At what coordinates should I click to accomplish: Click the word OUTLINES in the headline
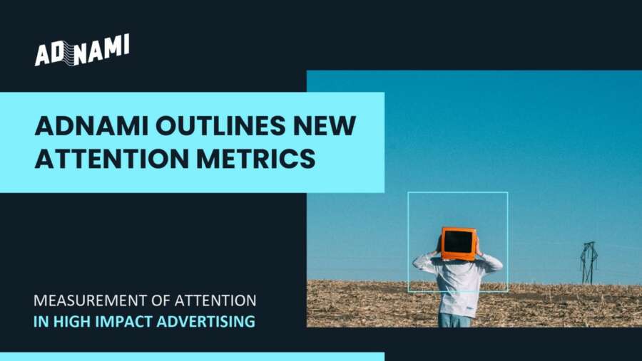(x=210, y=127)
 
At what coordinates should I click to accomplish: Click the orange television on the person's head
(x=458, y=243)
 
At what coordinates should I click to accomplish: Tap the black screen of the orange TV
(x=458, y=243)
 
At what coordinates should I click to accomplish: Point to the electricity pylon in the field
(x=588, y=262)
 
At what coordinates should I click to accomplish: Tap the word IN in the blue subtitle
(x=41, y=321)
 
